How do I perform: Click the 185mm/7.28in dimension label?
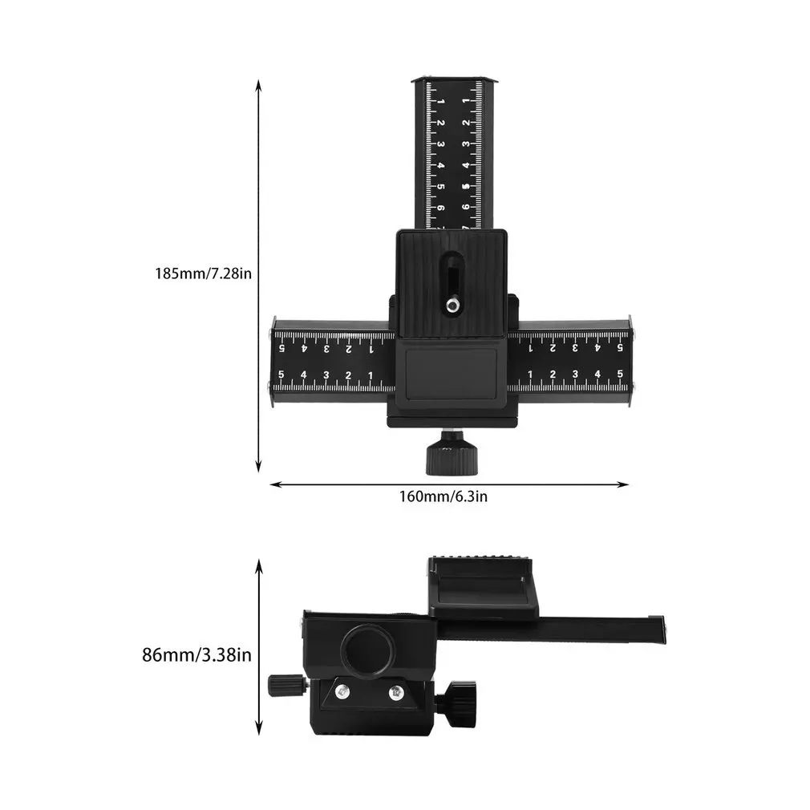coord(204,273)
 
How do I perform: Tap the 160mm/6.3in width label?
coord(443,496)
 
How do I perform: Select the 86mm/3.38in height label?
coord(196,655)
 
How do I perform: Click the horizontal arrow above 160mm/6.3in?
coord(448,484)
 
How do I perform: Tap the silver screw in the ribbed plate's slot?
coord(452,305)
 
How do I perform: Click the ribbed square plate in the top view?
coord(451,281)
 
